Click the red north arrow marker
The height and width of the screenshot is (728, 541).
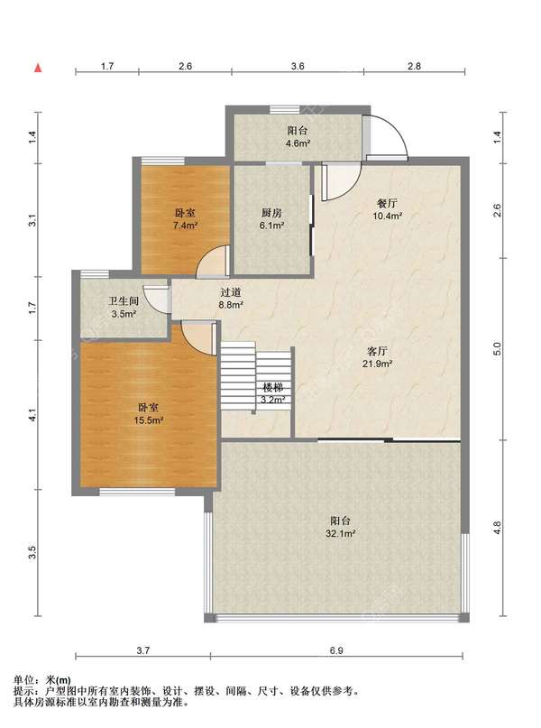coord(39,69)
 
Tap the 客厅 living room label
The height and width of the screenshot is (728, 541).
coord(377,351)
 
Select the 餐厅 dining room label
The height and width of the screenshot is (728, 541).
coord(387,203)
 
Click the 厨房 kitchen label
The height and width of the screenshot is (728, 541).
coord(271,213)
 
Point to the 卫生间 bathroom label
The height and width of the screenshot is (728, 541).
coord(124,301)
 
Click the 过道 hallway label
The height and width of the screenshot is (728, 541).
coord(231,292)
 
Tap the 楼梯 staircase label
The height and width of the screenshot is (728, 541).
coord(272,387)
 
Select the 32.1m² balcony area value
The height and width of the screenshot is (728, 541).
coord(340,533)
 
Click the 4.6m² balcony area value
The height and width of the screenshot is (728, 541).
coord(298,143)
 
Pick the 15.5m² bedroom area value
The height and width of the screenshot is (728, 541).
coord(149,420)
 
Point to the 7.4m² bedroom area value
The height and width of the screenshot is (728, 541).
coord(185,226)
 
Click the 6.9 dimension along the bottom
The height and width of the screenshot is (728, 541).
coord(336,650)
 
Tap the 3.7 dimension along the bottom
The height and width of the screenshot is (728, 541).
coord(143,650)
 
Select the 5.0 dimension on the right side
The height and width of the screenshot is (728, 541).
coord(497,348)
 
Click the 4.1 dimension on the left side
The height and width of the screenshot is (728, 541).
coord(32,415)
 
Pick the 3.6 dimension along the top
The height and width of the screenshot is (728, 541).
coord(298,67)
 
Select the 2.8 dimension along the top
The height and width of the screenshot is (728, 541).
coord(414,67)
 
